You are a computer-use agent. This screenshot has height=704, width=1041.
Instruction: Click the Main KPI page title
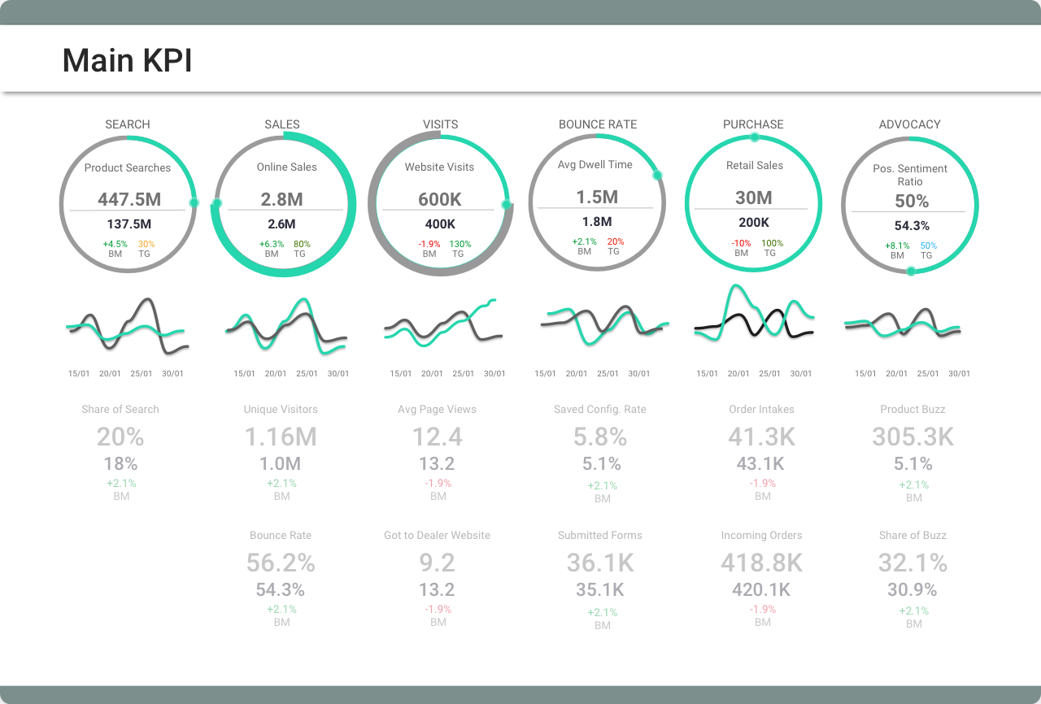[x=127, y=61]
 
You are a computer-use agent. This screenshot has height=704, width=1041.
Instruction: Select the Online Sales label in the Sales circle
[x=286, y=167]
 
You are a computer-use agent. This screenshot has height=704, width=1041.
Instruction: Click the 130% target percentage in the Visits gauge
[x=460, y=244]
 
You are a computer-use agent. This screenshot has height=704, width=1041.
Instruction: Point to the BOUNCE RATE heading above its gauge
[x=598, y=124]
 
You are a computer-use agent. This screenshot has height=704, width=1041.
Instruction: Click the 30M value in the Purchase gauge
[x=754, y=198]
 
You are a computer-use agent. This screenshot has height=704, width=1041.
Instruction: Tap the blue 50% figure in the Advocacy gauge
[x=928, y=246]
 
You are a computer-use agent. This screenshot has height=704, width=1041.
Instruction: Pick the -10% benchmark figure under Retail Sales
[x=741, y=243]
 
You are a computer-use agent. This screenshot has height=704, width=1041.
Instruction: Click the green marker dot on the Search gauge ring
[x=194, y=202]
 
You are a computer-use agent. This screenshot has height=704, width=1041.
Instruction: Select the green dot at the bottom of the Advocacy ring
[x=911, y=272]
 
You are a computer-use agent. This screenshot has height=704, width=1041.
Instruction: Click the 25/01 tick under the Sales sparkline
[x=307, y=374]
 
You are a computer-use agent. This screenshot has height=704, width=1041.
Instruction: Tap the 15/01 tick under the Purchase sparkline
[x=707, y=374]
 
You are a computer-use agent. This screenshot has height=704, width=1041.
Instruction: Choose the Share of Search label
[x=120, y=410]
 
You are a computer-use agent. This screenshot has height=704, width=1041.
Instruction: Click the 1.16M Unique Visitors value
[x=281, y=437]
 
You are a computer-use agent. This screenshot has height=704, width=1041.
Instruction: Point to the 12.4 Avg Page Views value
[x=437, y=437]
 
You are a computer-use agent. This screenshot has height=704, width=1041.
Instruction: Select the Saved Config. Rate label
[x=600, y=410]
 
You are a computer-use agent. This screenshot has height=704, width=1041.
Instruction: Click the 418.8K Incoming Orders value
[x=761, y=563]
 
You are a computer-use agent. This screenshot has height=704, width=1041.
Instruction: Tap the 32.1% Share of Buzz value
[x=913, y=563]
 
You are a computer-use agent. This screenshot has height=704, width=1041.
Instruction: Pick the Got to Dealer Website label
[x=437, y=536]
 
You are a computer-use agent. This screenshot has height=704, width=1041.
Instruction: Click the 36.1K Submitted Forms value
[x=600, y=563]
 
